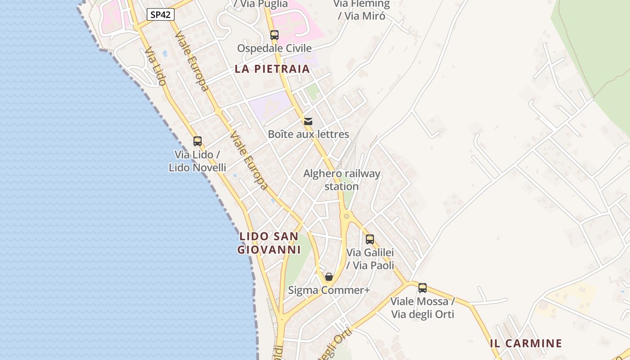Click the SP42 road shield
click(x=161, y=14)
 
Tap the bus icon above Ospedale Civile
click(x=274, y=35)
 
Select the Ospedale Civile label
click(x=274, y=48)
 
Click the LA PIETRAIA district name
click(x=272, y=69)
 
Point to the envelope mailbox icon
click(x=308, y=121)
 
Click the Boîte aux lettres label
click(x=308, y=134)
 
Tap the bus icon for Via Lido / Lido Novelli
click(x=198, y=141)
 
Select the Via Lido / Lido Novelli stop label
click(x=198, y=161)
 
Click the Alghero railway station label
click(x=342, y=180)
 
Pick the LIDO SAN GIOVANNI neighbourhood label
click(x=269, y=243)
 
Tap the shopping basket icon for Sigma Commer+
click(x=329, y=277)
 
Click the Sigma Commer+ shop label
click(x=329, y=290)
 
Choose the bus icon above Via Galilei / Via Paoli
click(x=370, y=239)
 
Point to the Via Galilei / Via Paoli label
click(x=370, y=259)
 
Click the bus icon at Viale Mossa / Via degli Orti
click(x=423, y=288)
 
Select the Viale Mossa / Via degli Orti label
click(x=423, y=307)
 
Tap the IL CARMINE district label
click(x=526, y=343)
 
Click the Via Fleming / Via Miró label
click(x=361, y=9)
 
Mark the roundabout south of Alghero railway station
click(x=346, y=216)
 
